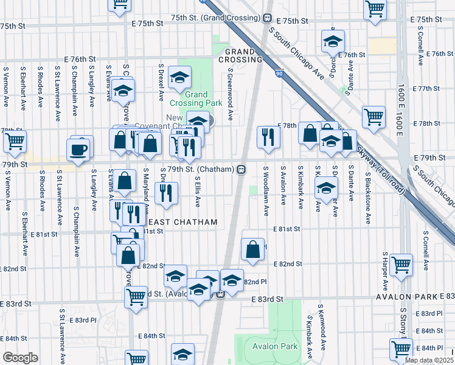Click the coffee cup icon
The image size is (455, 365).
[x=78, y=149]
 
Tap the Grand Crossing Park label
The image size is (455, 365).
[x=196, y=99]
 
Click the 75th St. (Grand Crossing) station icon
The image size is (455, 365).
[x=268, y=18]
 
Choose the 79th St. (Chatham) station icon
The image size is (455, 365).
[x=241, y=169]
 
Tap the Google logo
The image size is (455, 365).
[x=19, y=358]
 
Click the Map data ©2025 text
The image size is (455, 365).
[x=429, y=360]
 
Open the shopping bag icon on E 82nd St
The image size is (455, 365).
[x=252, y=249]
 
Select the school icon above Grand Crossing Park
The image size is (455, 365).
[x=179, y=77]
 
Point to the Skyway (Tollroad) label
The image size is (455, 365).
[x=377, y=162]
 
